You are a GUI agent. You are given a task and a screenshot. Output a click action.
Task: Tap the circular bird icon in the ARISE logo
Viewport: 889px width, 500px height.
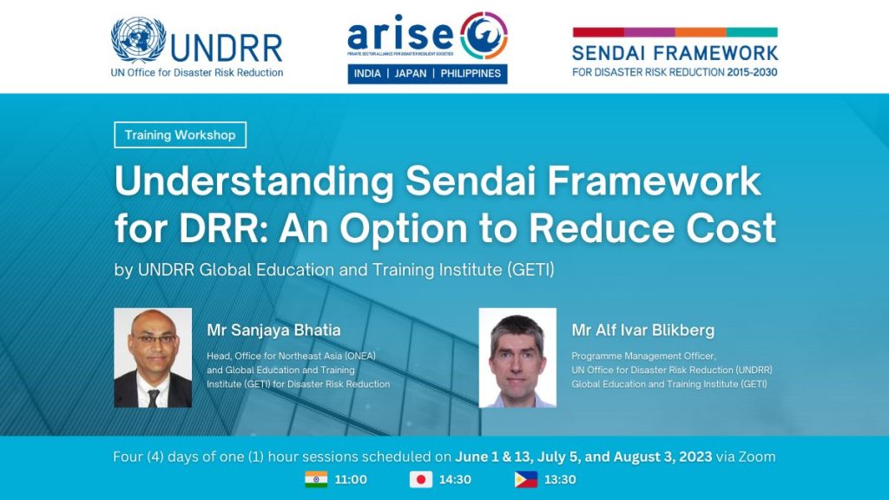click(484, 36)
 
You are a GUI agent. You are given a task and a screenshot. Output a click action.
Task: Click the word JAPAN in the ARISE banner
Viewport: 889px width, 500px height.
click(411, 74)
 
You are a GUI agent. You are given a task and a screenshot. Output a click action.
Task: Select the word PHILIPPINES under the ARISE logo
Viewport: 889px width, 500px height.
click(470, 74)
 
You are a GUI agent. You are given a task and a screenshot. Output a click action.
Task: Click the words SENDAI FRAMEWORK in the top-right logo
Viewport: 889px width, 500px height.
click(675, 52)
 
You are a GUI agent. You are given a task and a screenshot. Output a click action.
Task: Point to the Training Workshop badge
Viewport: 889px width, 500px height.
click(181, 135)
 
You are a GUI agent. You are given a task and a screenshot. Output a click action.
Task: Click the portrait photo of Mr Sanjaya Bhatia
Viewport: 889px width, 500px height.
click(153, 358)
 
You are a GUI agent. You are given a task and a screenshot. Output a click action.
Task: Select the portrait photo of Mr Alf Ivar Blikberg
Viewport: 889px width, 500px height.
click(517, 358)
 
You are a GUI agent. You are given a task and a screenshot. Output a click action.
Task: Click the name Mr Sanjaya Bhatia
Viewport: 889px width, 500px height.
click(273, 330)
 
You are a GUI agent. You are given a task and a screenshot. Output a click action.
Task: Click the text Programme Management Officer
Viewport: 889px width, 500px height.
click(643, 356)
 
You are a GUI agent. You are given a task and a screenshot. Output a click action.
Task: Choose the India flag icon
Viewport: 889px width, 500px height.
click(316, 479)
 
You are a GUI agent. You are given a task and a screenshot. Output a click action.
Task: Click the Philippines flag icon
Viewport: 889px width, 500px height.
click(526, 479)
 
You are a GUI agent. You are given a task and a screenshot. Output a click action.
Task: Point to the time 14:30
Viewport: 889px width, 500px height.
click(454, 479)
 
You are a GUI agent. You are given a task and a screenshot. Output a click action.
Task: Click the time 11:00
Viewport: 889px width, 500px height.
click(350, 479)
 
